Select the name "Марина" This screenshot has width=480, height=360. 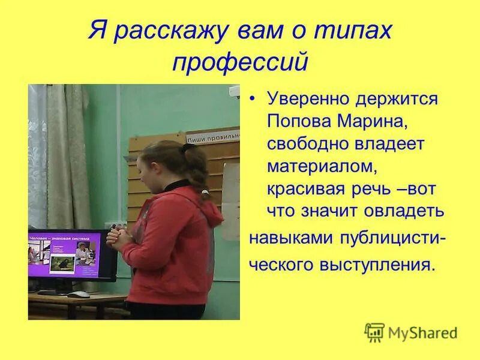(376, 122)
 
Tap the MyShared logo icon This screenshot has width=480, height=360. (375, 331)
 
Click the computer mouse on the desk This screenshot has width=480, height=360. (78, 295)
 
